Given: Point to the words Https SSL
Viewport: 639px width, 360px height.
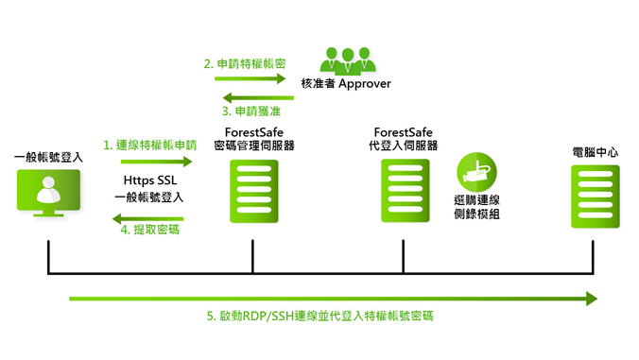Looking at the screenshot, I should pyautogui.click(x=149, y=180).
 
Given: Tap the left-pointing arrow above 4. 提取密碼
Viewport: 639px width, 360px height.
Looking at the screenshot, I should pyautogui.click(x=147, y=217).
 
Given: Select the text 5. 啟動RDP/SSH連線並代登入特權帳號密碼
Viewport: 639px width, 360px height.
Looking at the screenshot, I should pyautogui.click(x=320, y=316).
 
